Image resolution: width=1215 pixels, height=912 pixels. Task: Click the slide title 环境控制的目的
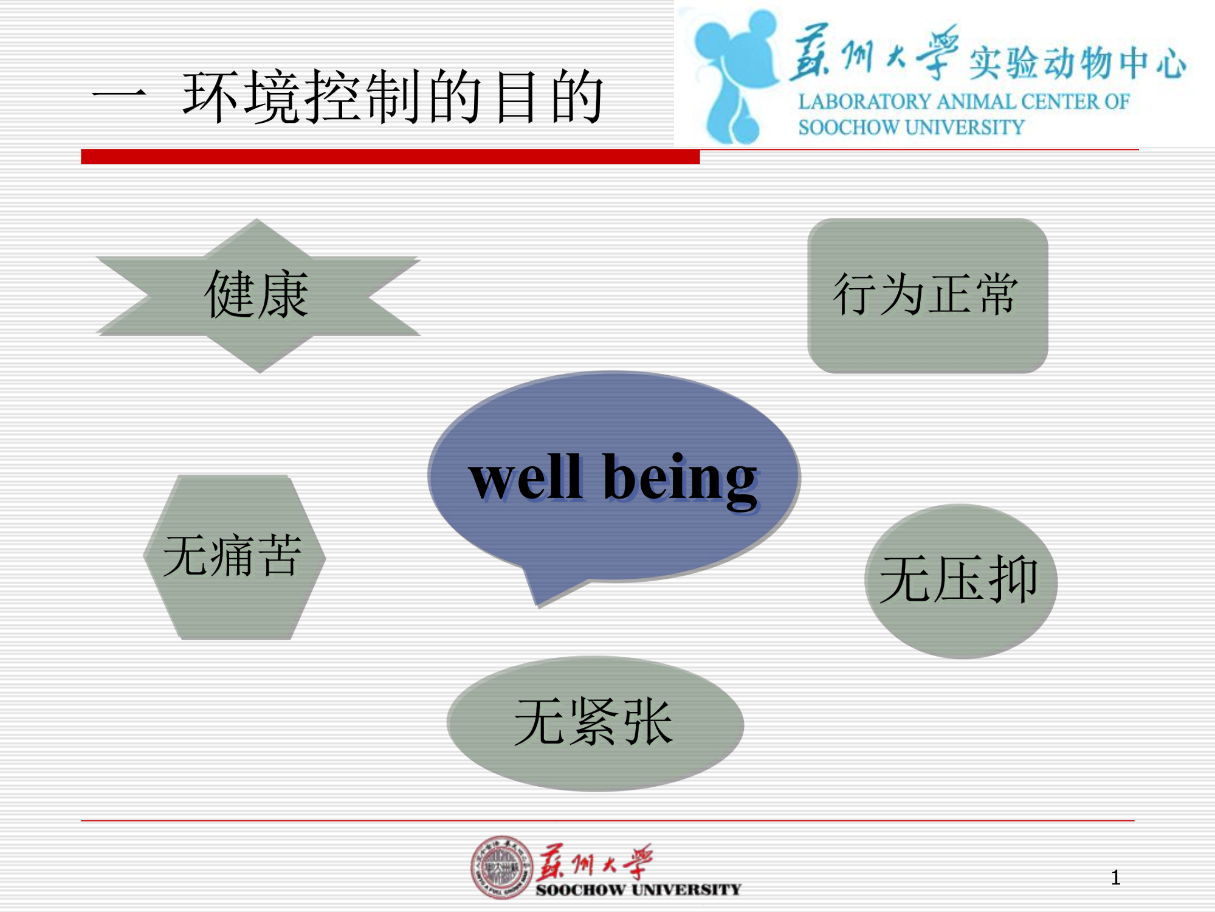coord(393,97)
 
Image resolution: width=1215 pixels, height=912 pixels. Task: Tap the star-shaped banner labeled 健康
coord(258,296)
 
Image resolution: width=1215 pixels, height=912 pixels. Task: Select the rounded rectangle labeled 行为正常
coord(928,295)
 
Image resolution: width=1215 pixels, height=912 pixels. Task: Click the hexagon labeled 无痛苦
coord(235,557)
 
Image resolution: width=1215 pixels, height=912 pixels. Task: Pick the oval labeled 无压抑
coord(961,581)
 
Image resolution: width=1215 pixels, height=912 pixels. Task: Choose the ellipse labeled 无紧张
coord(595,724)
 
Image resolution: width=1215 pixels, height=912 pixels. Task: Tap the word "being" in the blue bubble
coord(681,482)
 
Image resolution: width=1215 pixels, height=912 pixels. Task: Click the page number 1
coord(1115,877)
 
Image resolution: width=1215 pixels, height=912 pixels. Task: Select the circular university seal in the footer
coord(502,867)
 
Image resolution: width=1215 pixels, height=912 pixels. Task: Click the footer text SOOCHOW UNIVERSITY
coord(638,890)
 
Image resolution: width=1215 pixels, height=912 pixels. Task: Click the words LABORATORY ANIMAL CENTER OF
coord(964,102)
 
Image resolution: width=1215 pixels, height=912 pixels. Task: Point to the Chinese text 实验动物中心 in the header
coord(1077,63)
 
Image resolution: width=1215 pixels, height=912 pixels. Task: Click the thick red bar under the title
coord(390,157)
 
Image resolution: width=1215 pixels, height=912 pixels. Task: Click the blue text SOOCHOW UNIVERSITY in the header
coord(911,128)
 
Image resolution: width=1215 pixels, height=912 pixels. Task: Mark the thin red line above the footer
coord(608,821)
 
